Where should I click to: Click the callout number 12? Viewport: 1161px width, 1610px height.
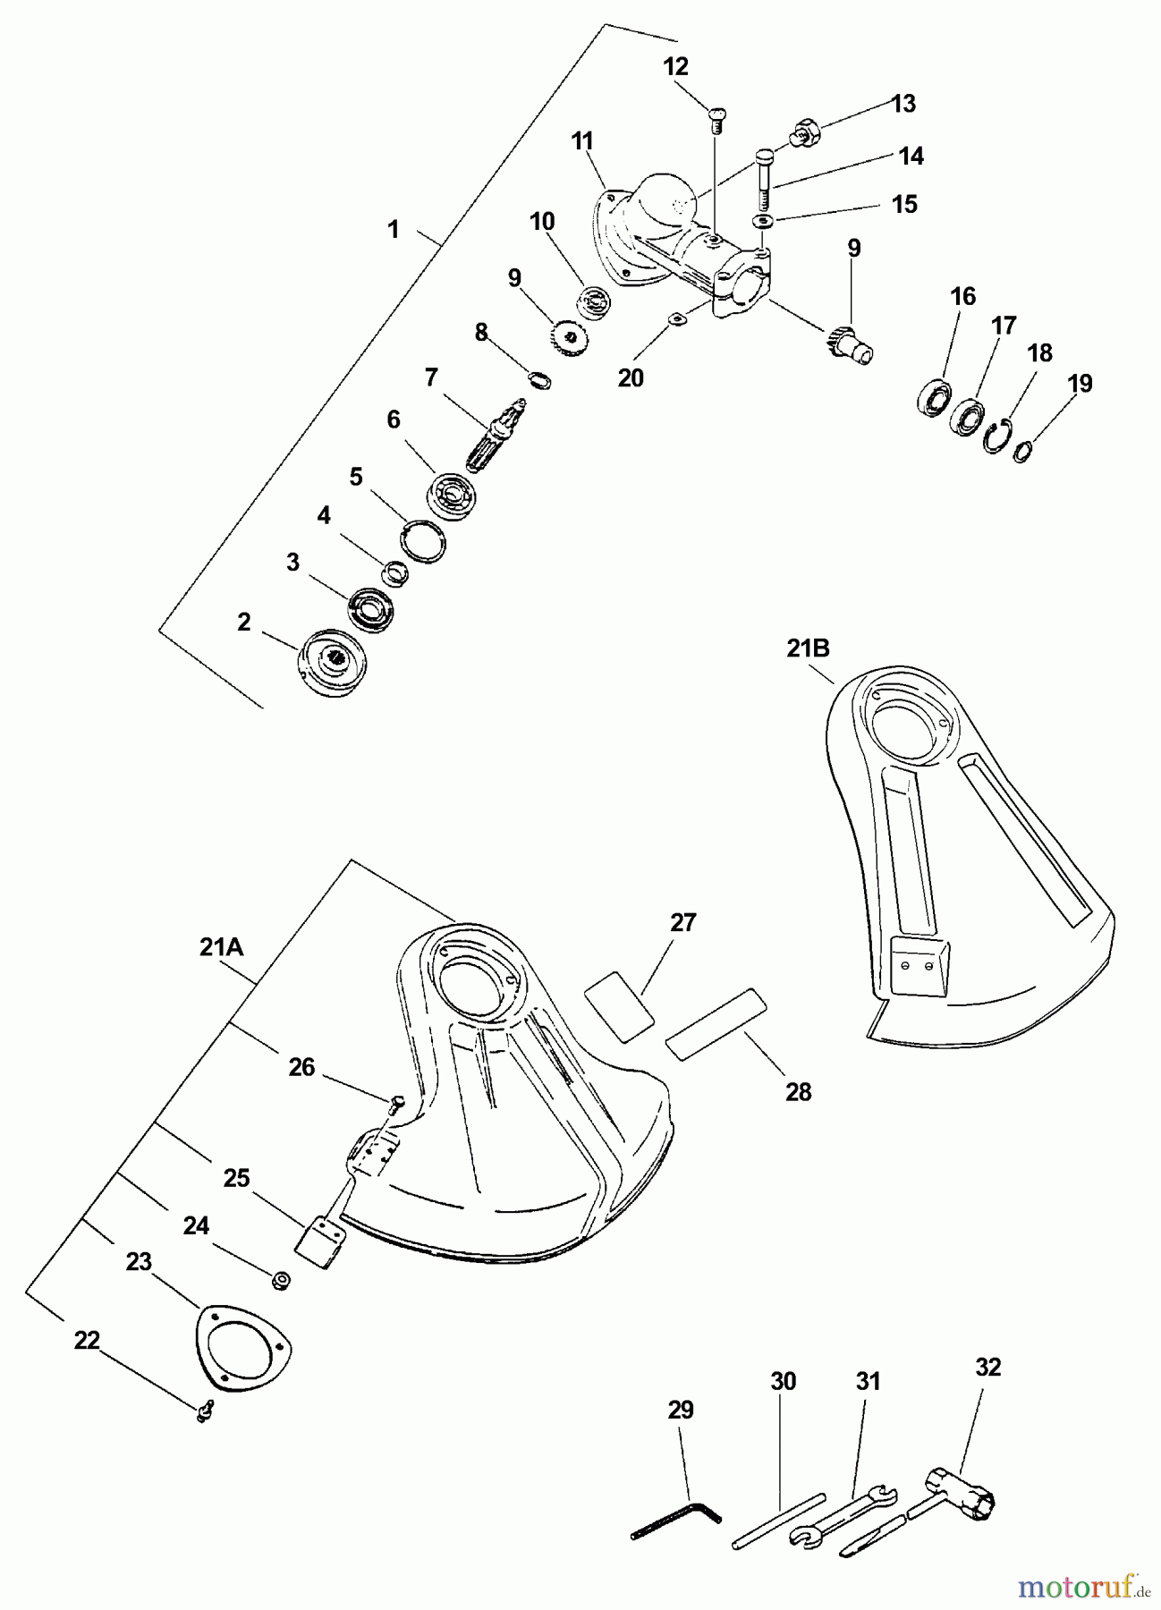pos(676,66)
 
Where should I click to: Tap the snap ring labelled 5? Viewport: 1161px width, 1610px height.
pos(422,541)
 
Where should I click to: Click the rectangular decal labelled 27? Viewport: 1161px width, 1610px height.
pos(619,1005)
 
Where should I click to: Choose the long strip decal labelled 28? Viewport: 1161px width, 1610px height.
pos(716,1024)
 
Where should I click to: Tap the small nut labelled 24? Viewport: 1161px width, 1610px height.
pos(281,1281)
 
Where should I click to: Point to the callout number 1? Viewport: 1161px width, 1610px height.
pos(393,229)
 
